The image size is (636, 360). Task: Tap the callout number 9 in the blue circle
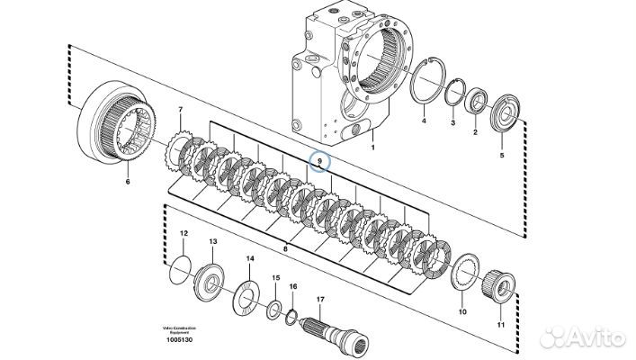coord(319,161)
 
